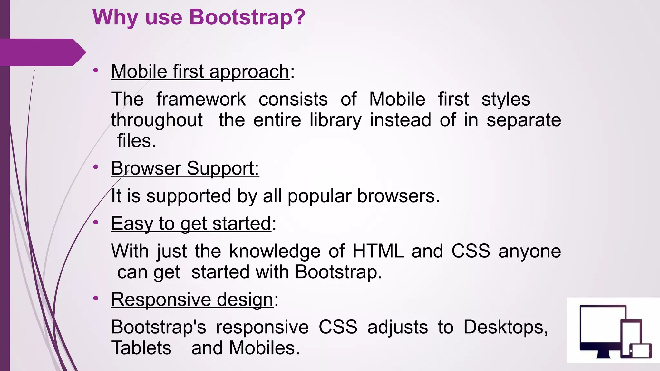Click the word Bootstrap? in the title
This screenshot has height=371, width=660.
click(247, 17)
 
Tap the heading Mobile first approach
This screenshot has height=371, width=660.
click(200, 71)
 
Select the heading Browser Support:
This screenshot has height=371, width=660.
click(185, 168)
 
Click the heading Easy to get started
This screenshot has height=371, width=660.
click(191, 224)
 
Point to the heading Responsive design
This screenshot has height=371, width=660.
click(192, 300)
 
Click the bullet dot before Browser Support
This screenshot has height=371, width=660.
click(95, 167)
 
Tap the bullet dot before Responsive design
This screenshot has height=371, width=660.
click(95, 298)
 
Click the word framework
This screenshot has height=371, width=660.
click(201, 99)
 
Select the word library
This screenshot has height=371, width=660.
click(335, 120)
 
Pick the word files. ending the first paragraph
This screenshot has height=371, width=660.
click(136, 141)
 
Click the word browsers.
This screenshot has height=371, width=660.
click(398, 196)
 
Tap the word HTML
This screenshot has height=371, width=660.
click(378, 251)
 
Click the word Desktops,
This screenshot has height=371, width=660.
click(505, 327)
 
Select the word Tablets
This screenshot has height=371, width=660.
click(141, 348)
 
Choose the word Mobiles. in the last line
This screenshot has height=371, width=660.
click(264, 348)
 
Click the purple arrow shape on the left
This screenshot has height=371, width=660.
click(42, 52)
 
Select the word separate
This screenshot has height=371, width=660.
click(524, 120)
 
